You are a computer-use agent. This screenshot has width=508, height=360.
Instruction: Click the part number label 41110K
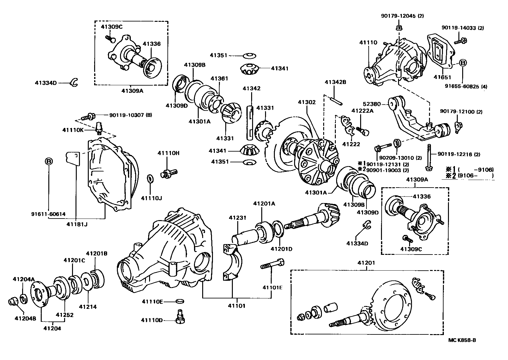click(73, 130)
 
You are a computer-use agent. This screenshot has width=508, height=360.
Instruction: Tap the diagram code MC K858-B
click(462, 340)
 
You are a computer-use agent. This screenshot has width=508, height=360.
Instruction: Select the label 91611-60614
click(48, 214)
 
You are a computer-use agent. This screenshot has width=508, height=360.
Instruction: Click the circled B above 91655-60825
click(462, 63)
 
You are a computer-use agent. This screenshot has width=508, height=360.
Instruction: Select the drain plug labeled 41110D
click(180, 317)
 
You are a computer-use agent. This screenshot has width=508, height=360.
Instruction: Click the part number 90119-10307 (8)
click(130, 115)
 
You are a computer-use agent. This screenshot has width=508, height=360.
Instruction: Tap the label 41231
click(238, 218)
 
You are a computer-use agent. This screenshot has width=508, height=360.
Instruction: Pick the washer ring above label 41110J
click(150, 178)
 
